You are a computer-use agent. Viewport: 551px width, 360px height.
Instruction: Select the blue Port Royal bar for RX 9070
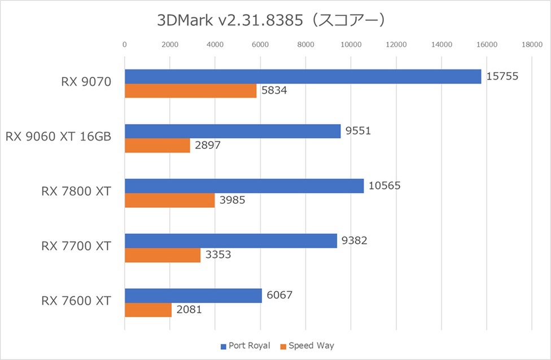[303, 77]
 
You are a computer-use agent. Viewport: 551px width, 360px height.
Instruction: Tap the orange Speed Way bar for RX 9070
[190, 91]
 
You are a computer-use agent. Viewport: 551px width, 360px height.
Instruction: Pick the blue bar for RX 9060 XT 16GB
[233, 131]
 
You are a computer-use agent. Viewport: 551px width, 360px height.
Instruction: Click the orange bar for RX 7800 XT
[169, 200]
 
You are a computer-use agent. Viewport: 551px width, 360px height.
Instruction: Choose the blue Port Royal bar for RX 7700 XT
[230, 241]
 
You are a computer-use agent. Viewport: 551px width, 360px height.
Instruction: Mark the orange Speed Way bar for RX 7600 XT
[148, 310]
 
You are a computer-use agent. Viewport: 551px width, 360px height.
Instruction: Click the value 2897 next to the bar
[207, 146]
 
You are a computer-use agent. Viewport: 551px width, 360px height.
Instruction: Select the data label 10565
[384, 186]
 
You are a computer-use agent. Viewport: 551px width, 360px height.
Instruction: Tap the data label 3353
[218, 255]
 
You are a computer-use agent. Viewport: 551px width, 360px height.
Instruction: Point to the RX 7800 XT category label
[76, 191]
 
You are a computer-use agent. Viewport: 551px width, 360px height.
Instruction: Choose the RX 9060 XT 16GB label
[58, 137]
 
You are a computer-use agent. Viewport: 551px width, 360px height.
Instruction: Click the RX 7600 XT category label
[76, 301]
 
